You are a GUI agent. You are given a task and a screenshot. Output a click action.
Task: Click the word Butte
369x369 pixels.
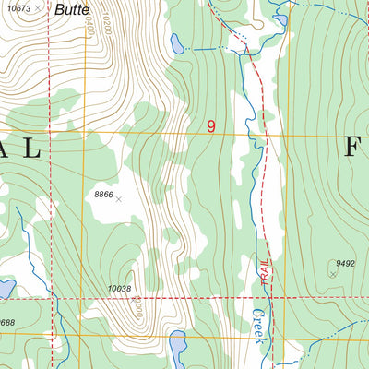(70, 10)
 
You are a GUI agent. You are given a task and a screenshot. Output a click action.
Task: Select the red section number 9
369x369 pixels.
(211, 126)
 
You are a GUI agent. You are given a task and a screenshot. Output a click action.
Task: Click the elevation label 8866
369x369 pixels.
(103, 195)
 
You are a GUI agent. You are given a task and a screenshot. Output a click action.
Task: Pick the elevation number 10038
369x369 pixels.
(120, 289)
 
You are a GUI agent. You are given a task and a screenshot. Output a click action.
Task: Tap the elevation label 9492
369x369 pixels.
(345, 264)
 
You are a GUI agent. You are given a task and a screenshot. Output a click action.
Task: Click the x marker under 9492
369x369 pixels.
(333, 273)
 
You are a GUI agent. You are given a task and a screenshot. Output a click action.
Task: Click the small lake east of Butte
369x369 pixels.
(176, 43)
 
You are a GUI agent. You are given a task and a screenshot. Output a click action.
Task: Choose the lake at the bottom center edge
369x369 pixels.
(176, 348)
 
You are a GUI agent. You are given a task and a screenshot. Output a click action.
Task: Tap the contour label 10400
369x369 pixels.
(89, 24)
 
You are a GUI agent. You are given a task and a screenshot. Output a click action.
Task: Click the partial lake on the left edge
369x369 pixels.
(5, 290)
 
